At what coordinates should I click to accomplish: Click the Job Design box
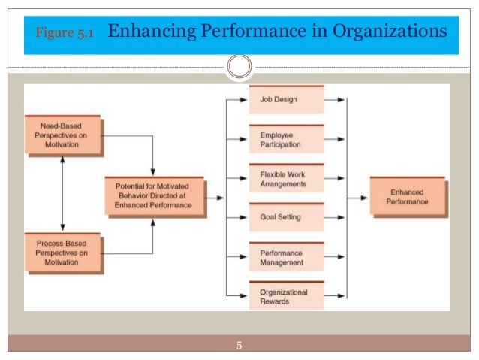[287, 99]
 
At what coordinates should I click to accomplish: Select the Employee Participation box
[287, 139]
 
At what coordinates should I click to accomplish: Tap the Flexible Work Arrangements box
[287, 179]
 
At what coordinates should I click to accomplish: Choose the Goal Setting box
[287, 218]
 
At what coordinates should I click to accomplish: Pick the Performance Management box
[287, 258]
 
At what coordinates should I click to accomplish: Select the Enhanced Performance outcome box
[409, 198]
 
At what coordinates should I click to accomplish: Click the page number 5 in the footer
[239, 346]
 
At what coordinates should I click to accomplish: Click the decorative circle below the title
[239, 67]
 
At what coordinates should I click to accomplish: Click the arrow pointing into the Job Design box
[236, 98]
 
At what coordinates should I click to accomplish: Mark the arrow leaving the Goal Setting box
[336, 218]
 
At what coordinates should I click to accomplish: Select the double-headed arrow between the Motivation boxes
[62, 193]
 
